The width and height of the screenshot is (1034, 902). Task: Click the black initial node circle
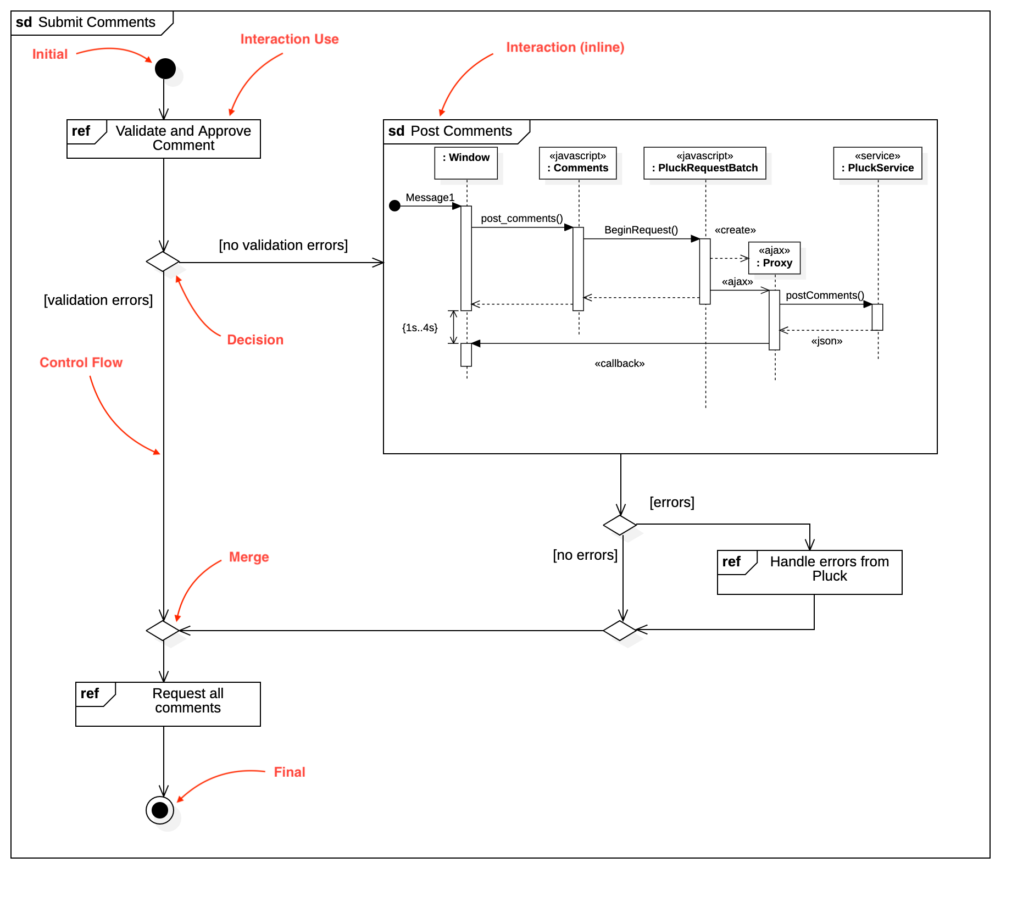click(165, 69)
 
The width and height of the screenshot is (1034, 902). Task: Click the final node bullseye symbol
click(160, 810)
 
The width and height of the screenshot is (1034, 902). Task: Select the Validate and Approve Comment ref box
click(164, 139)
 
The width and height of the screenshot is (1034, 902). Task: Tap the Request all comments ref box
click(168, 704)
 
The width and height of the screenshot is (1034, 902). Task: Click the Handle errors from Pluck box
click(809, 572)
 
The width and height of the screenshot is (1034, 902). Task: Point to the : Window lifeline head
click(466, 163)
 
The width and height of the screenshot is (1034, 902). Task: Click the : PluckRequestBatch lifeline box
click(704, 163)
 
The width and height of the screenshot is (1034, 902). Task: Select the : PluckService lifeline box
click(877, 163)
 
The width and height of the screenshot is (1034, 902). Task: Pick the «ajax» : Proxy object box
click(774, 258)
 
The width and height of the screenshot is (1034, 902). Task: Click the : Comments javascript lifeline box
click(577, 163)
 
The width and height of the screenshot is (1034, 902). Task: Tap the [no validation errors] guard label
click(283, 245)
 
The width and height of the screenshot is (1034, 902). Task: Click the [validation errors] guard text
click(98, 300)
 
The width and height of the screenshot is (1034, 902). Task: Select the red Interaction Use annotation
click(290, 39)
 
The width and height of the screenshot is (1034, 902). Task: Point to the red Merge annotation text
click(249, 557)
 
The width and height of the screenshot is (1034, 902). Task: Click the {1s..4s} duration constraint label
click(420, 328)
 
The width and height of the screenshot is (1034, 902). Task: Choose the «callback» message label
click(619, 364)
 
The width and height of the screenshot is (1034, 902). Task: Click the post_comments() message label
click(521, 219)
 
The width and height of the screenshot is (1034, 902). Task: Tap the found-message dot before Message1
click(394, 206)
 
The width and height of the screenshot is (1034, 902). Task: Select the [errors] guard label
click(671, 502)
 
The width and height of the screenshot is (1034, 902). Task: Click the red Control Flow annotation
click(81, 363)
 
